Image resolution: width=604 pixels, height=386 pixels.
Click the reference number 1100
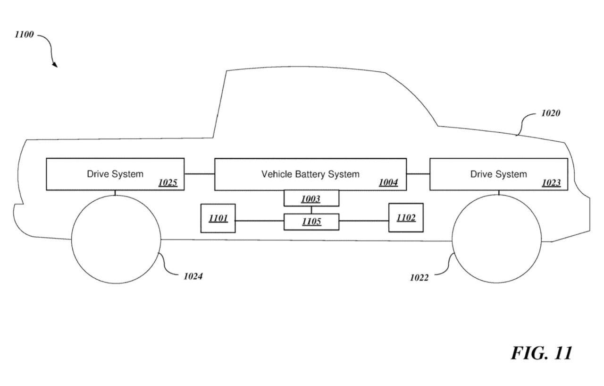pos(24,34)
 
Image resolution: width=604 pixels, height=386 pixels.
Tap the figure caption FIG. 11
pos(542,353)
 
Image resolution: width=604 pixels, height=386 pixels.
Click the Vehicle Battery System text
pos(310,174)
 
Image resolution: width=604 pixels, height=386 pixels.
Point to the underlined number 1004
pos(388,183)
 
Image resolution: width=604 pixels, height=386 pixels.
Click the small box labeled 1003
pos(311,198)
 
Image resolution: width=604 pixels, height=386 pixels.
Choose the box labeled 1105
pos(311,222)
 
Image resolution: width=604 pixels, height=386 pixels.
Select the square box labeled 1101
pos(218,218)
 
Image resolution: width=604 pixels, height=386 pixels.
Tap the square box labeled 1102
pos(406,218)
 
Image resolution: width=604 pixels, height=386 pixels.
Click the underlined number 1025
pos(168,183)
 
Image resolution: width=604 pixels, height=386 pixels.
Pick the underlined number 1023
pos(551,183)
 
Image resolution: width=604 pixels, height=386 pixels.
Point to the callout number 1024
pos(193,276)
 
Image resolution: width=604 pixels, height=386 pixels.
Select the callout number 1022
pos(419,278)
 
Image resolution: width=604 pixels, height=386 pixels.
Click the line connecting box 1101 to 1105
pos(260,221)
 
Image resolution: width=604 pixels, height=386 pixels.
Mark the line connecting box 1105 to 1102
pos(363,221)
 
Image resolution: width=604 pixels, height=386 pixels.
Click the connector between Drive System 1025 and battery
pos(199,174)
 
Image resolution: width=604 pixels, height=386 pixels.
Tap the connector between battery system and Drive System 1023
pos(418,174)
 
